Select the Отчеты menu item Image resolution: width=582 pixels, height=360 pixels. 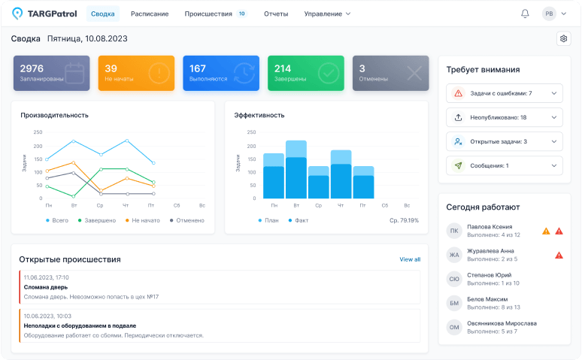[276, 14]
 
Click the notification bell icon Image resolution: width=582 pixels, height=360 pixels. [525, 14]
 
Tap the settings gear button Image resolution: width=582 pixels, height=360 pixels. [563, 38]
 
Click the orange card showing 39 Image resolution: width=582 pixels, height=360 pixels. [136, 73]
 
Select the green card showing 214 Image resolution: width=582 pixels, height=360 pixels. [305, 73]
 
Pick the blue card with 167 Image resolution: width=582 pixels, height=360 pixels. [221, 73]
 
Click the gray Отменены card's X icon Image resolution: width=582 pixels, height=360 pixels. [414, 73]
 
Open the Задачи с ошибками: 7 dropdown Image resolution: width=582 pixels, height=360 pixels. [504, 93]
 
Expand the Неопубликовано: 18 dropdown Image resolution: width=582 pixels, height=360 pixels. [504, 117]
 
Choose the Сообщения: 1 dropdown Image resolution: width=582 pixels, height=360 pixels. [504, 165]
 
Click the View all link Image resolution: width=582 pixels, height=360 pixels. [410, 259]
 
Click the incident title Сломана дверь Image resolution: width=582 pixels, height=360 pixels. [45, 287]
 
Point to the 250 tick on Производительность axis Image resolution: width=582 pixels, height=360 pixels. [37, 132]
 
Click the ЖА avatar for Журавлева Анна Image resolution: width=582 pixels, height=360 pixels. [454, 255]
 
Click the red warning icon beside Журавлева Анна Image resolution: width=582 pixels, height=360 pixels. [559, 255]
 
